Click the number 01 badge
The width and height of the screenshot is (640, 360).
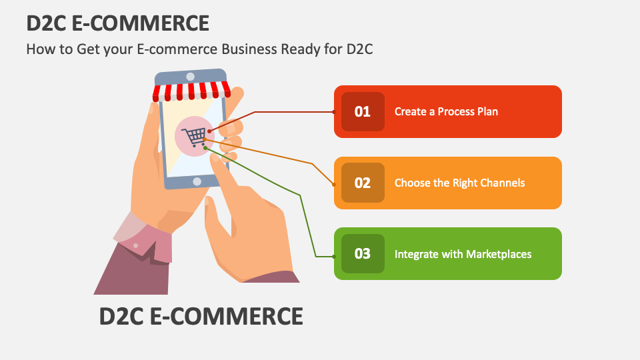(x=363, y=111)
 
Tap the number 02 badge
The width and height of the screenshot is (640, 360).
(x=363, y=183)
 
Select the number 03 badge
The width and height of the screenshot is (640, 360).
(x=363, y=253)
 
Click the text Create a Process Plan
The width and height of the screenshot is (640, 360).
(x=446, y=111)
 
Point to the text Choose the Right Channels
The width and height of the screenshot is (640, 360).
(x=459, y=183)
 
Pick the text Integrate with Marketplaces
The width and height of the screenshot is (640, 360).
(x=463, y=254)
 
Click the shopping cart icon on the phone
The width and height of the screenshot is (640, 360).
(x=194, y=137)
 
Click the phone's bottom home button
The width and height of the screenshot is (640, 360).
(x=197, y=181)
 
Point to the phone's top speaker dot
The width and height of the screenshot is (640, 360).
(x=191, y=76)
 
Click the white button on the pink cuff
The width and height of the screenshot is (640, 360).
(x=135, y=245)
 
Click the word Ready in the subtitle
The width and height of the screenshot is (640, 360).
(x=304, y=49)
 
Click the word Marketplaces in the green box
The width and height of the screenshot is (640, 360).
(x=499, y=254)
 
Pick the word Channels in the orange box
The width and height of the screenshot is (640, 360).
(x=501, y=183)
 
